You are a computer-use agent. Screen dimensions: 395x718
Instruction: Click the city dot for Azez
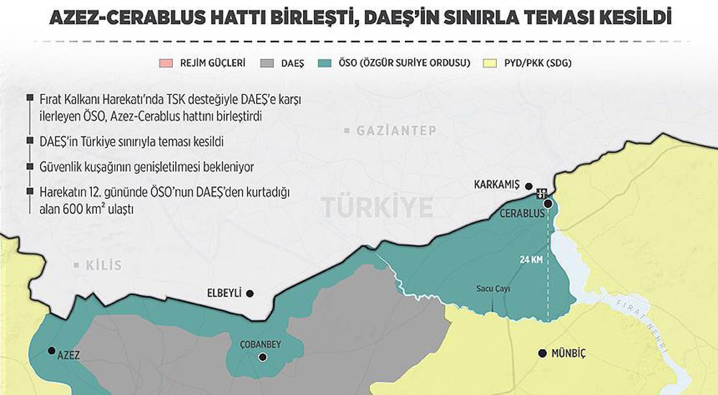tap(51, 351)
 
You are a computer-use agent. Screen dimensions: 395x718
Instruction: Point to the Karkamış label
tap(496, 185)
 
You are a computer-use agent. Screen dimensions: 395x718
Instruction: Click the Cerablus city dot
tap(548, 204)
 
